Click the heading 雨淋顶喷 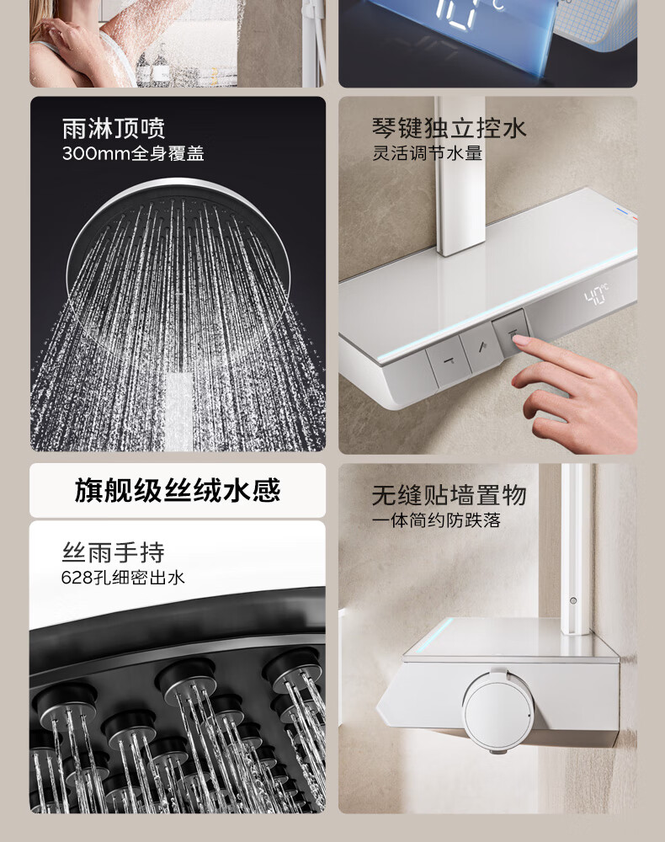point(114,129)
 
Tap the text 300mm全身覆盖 point(133,154)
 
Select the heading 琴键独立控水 point(450,128)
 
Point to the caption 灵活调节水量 point(428,153)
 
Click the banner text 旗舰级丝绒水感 point(178,490)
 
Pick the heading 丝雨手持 point(114,552)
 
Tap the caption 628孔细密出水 point(123,578)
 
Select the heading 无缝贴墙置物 point(450,495)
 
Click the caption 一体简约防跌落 point(436,520)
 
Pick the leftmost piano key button point(448,360)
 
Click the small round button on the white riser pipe point(572,600)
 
